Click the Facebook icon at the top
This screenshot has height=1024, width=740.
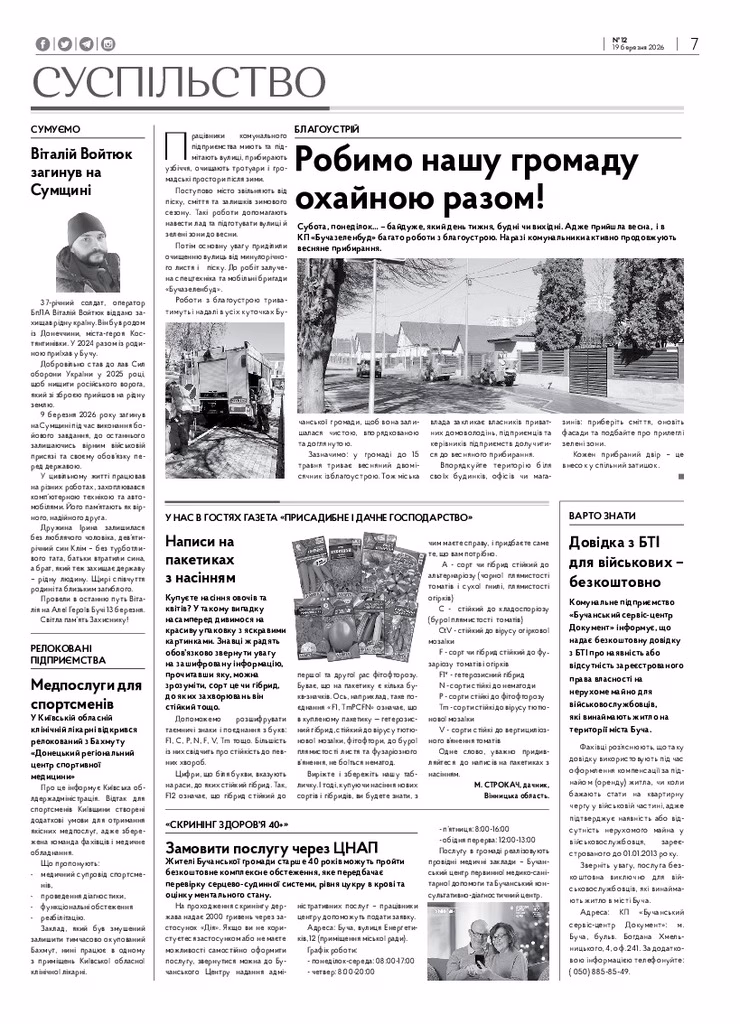coord(42,44)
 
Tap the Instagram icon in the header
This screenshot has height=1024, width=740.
coord(108,44)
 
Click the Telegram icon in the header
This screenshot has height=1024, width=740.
coord(86,44)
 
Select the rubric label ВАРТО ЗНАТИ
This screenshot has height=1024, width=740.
coord(601,515)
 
